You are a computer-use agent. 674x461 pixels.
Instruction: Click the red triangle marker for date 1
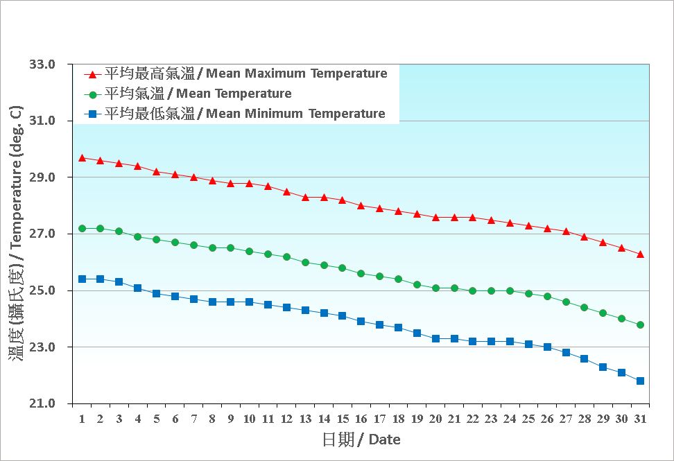(x=82, y=158)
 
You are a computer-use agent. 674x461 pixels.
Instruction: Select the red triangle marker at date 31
(x=640, y=254)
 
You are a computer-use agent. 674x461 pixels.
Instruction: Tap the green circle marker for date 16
(x=361, y=274)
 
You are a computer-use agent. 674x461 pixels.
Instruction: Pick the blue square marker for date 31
(x=640, y=381)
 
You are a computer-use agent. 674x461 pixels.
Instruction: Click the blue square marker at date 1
(x=82, y=279)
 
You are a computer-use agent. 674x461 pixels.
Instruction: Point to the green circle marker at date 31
(x=640, y=324)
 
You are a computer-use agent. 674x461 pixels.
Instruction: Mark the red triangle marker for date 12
(x=286, y=192)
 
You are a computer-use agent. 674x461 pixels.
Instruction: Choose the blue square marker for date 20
(x=435, y=338)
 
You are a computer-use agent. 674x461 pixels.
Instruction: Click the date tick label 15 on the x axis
(x=342, y=419)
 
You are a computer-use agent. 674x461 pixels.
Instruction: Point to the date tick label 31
(x=640, y=419)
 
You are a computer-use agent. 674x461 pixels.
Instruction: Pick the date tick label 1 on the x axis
(x=82, y=419)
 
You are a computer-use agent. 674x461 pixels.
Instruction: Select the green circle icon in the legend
(x=92, y=94)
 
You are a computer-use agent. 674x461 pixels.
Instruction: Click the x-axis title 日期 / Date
(x=361, y=440)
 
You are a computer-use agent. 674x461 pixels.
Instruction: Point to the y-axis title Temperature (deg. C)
(x=15, y=234)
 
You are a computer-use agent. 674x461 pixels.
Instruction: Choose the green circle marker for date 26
(x=547, y=296)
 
